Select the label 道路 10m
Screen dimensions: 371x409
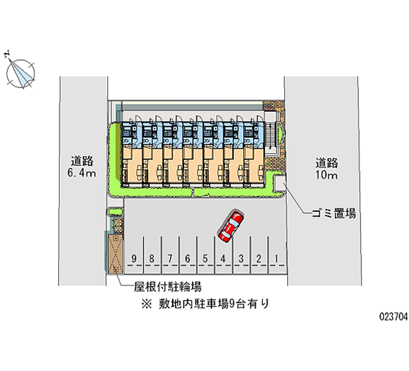pos(326,169)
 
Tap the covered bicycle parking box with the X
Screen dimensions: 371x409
pos(116,253)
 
